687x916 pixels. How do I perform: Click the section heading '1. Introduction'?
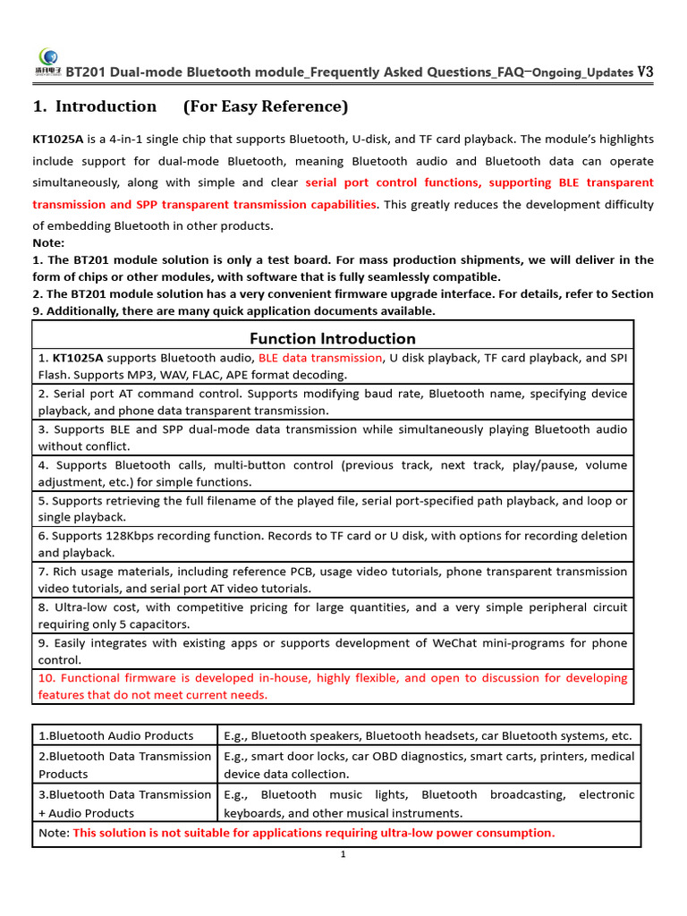(x=94, y=107)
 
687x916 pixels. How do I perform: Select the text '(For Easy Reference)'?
(x=266, y=107)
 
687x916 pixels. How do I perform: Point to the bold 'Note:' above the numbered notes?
(x=49, y=242)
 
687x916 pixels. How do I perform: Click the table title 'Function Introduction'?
(x=332, y=338)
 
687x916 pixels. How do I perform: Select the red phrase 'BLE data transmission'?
(x=320, y=358)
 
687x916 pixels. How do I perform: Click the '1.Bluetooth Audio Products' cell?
(x=115, y=735)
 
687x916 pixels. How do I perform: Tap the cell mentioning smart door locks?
(x=428, y=765)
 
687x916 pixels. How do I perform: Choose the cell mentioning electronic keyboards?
(x=428, y=803)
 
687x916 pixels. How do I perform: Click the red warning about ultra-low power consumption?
(x=313, y=833)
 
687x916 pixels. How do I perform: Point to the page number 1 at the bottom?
(x=343, y=854)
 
